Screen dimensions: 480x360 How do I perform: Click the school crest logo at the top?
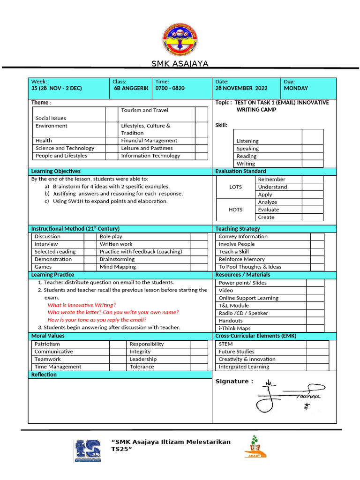(180, 39)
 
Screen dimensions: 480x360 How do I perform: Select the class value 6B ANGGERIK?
(131, 88)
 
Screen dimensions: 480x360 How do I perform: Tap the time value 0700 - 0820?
(170, 88)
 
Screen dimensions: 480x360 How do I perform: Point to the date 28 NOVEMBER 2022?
(241, 88)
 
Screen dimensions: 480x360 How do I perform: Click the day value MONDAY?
(296, 88)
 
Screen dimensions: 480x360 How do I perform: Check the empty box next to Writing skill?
(312, 164)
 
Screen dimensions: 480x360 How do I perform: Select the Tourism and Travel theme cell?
(144, 111)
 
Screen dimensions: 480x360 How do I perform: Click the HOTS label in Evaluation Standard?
(235, 210)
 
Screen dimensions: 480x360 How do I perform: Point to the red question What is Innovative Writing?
(82, 305)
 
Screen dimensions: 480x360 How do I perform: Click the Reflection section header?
(44, 375)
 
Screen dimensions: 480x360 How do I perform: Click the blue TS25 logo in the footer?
(88, 450)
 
